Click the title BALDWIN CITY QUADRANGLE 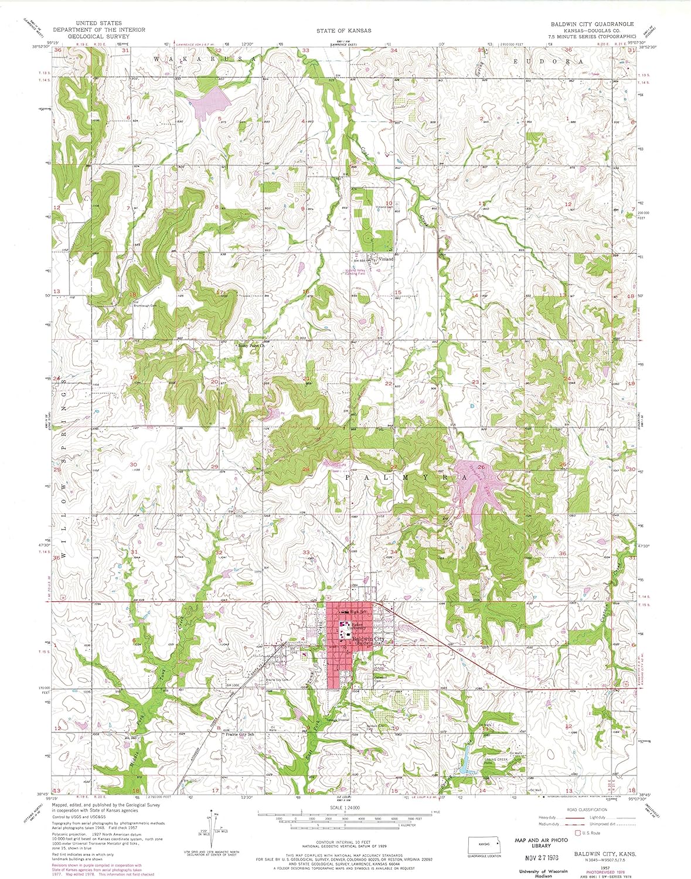591,24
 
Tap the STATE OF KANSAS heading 343,30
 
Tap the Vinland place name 386,259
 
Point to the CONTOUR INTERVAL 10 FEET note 343,842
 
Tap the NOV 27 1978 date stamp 540,861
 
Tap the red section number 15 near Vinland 397,292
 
